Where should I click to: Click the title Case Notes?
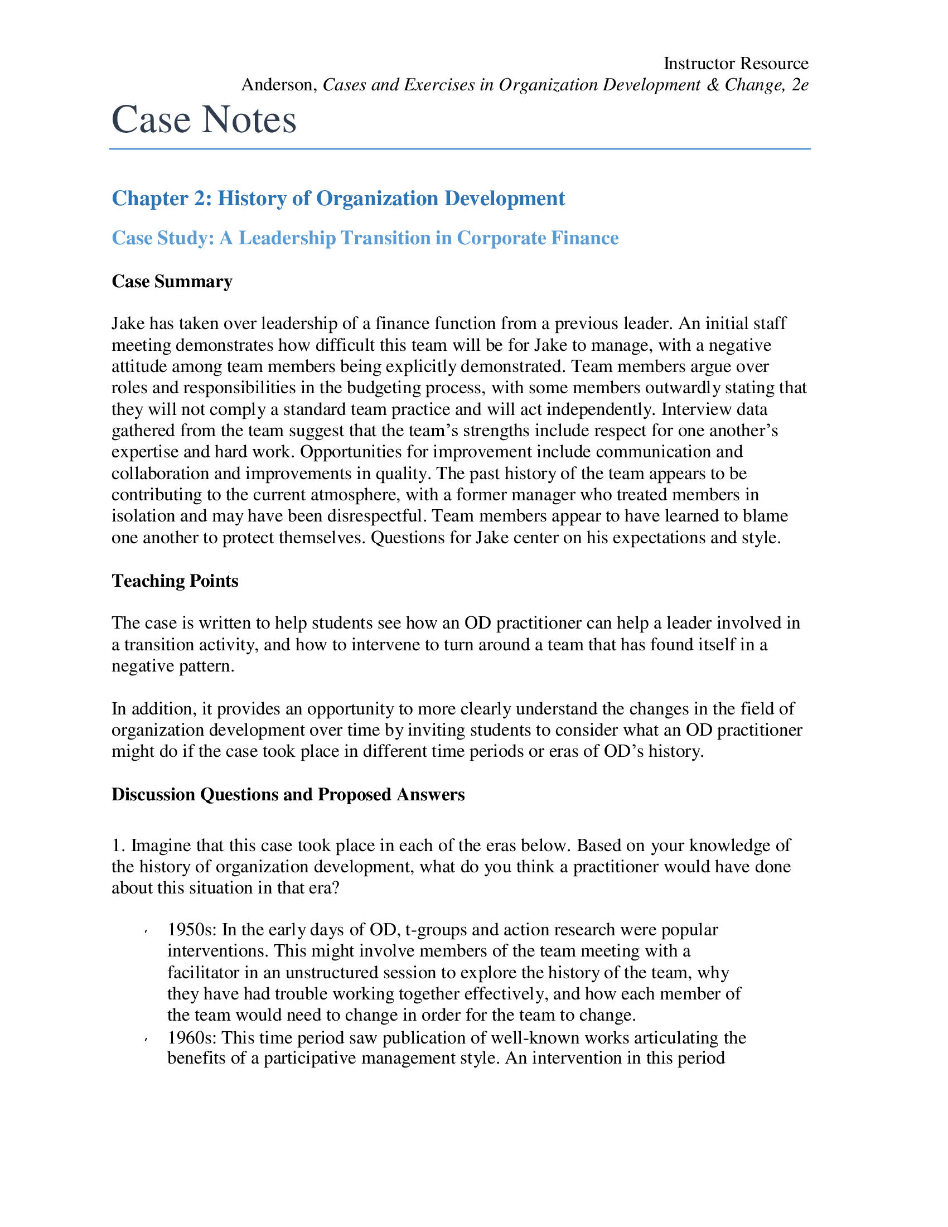tap(204, 120)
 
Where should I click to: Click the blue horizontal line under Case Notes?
tap(460, 149)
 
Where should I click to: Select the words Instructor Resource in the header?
tap(736, 64)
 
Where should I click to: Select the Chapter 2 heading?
tap(338, 199)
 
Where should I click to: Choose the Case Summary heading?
tap(172, 281)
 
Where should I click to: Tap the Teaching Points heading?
tap(175, 581)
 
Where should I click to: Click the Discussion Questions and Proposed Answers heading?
tap(288, 794)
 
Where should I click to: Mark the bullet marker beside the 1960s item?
tap(146, 1040)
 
